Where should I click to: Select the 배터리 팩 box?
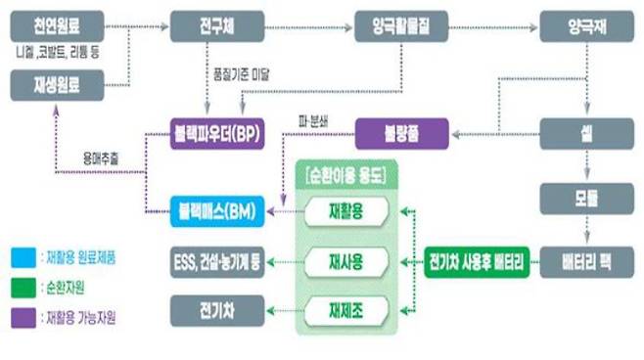[584, 262]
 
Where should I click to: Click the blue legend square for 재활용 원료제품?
[20, 257]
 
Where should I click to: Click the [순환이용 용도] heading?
[347, 174]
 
